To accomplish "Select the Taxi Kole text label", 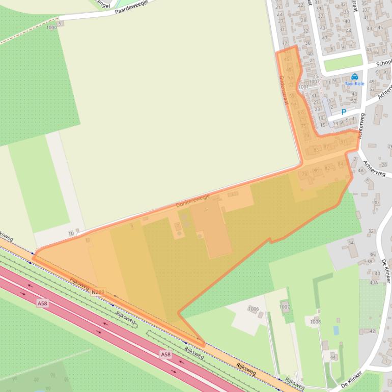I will [x=355, y=83].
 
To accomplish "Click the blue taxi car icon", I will [x=355, y=76].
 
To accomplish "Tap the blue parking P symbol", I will [x=344, y=112].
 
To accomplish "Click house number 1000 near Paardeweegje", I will [x=51, y=27].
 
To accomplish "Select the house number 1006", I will [x=253, y=309].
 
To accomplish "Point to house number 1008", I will [x=315, y=322].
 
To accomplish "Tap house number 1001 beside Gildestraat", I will [x=304, y=87].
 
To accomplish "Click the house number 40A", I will [x=374, y=282].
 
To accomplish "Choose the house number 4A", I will [x=361, y=171].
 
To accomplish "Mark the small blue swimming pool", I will [x=336, y=330].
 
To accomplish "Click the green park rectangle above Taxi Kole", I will [x=343, y=63].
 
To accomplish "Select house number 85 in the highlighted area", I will [x=316, y=150].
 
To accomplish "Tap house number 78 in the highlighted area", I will [x=305, y=175].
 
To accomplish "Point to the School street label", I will [x=383, y=64].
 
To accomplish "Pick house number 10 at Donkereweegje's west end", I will [x=71, y=233].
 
